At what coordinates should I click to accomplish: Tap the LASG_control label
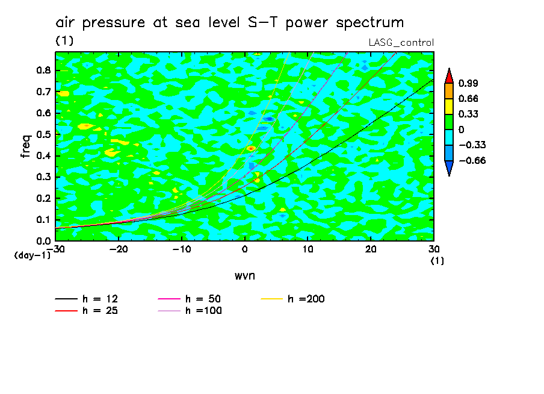pyautogui.click(x=401, y=42)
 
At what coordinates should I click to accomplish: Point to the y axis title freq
pyautogui.click(x=26, y=146)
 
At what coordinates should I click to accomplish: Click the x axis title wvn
pyautogui.click(x=244, y=275)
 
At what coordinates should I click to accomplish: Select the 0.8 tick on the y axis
pyautogui.click(x=43, y=70)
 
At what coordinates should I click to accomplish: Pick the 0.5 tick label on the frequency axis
pyautogui.click(x=43, y=134)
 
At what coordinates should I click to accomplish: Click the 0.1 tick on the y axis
pyautogui.click(x=43, y=220)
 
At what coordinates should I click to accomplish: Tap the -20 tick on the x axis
pyautogui.click(x=119, y=249)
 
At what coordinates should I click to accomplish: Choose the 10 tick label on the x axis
pyautogui.click(x=308, y=249)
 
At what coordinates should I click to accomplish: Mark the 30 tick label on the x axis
pyautogui.click(x=434, y=249)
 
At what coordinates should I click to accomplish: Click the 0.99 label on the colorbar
pyautogui.click(x=469, y=83)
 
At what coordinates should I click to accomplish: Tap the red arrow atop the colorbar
pyautogui.click(x=448, y=75)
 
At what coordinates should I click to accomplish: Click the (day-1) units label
pyautogui.click(x=32, y=255)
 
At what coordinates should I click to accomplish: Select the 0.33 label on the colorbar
pyautogui.click(x=469, y=114)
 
